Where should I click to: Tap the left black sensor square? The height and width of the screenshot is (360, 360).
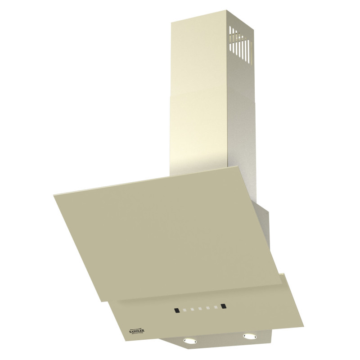(176, 310)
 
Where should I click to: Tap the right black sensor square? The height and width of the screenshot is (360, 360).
(224, 306)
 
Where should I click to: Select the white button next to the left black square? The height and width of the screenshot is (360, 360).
(184, 310)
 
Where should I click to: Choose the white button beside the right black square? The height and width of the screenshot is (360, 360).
(216, 307)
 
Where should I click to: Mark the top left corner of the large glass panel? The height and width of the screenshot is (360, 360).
(53, 195)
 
